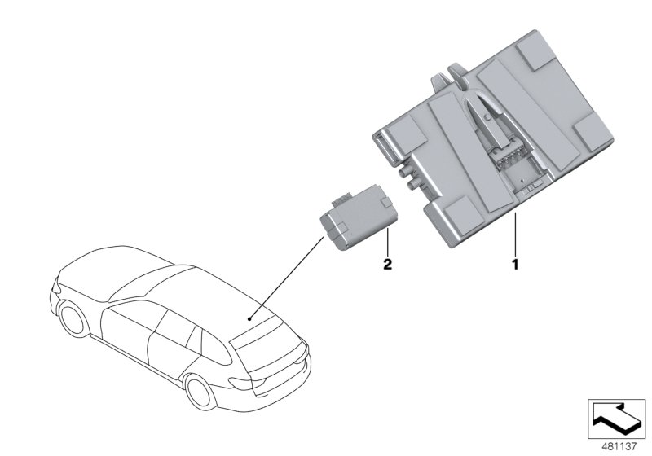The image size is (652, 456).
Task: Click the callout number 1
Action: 514,265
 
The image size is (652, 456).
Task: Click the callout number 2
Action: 388,265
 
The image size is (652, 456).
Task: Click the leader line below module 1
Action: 514,236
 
